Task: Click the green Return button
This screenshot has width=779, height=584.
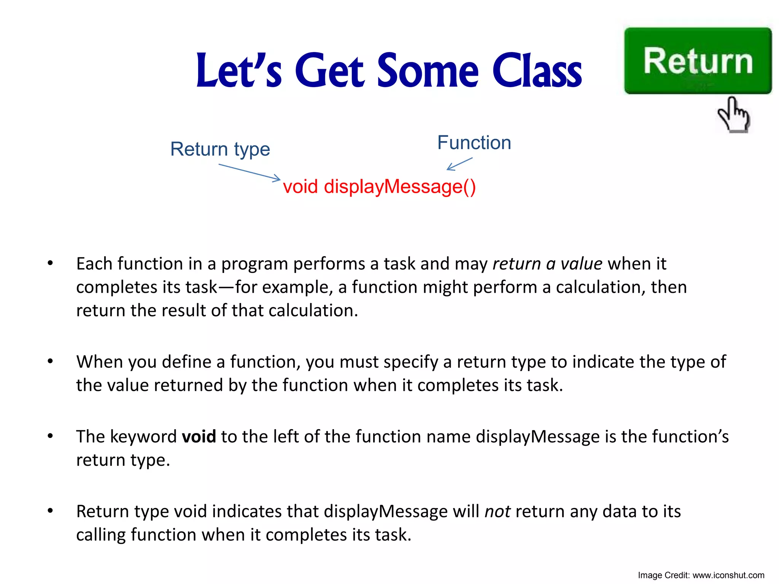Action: (x=698, y=61)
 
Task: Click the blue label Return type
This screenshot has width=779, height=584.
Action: (x=220, y=149)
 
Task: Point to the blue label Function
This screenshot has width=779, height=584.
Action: (x=474, y=143)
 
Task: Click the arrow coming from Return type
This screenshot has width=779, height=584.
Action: (x=250, y=172)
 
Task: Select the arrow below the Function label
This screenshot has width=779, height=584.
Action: (x=459, y=164)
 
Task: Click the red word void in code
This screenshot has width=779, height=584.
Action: (x=300, y=187)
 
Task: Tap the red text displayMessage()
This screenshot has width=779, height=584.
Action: (x=400, y=187)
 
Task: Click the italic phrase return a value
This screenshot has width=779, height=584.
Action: (x=547, y=263)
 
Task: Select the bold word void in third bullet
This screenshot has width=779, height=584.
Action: (x=199, y=436)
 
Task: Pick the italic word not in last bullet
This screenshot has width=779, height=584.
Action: (x=497, y=511)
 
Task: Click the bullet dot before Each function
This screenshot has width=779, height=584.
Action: (x=50, y=263)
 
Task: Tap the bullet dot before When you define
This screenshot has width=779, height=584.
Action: (x=50, y=361)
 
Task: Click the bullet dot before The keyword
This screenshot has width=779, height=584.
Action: (x=50, y=436)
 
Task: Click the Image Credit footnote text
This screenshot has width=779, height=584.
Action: (x=701, y=575)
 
